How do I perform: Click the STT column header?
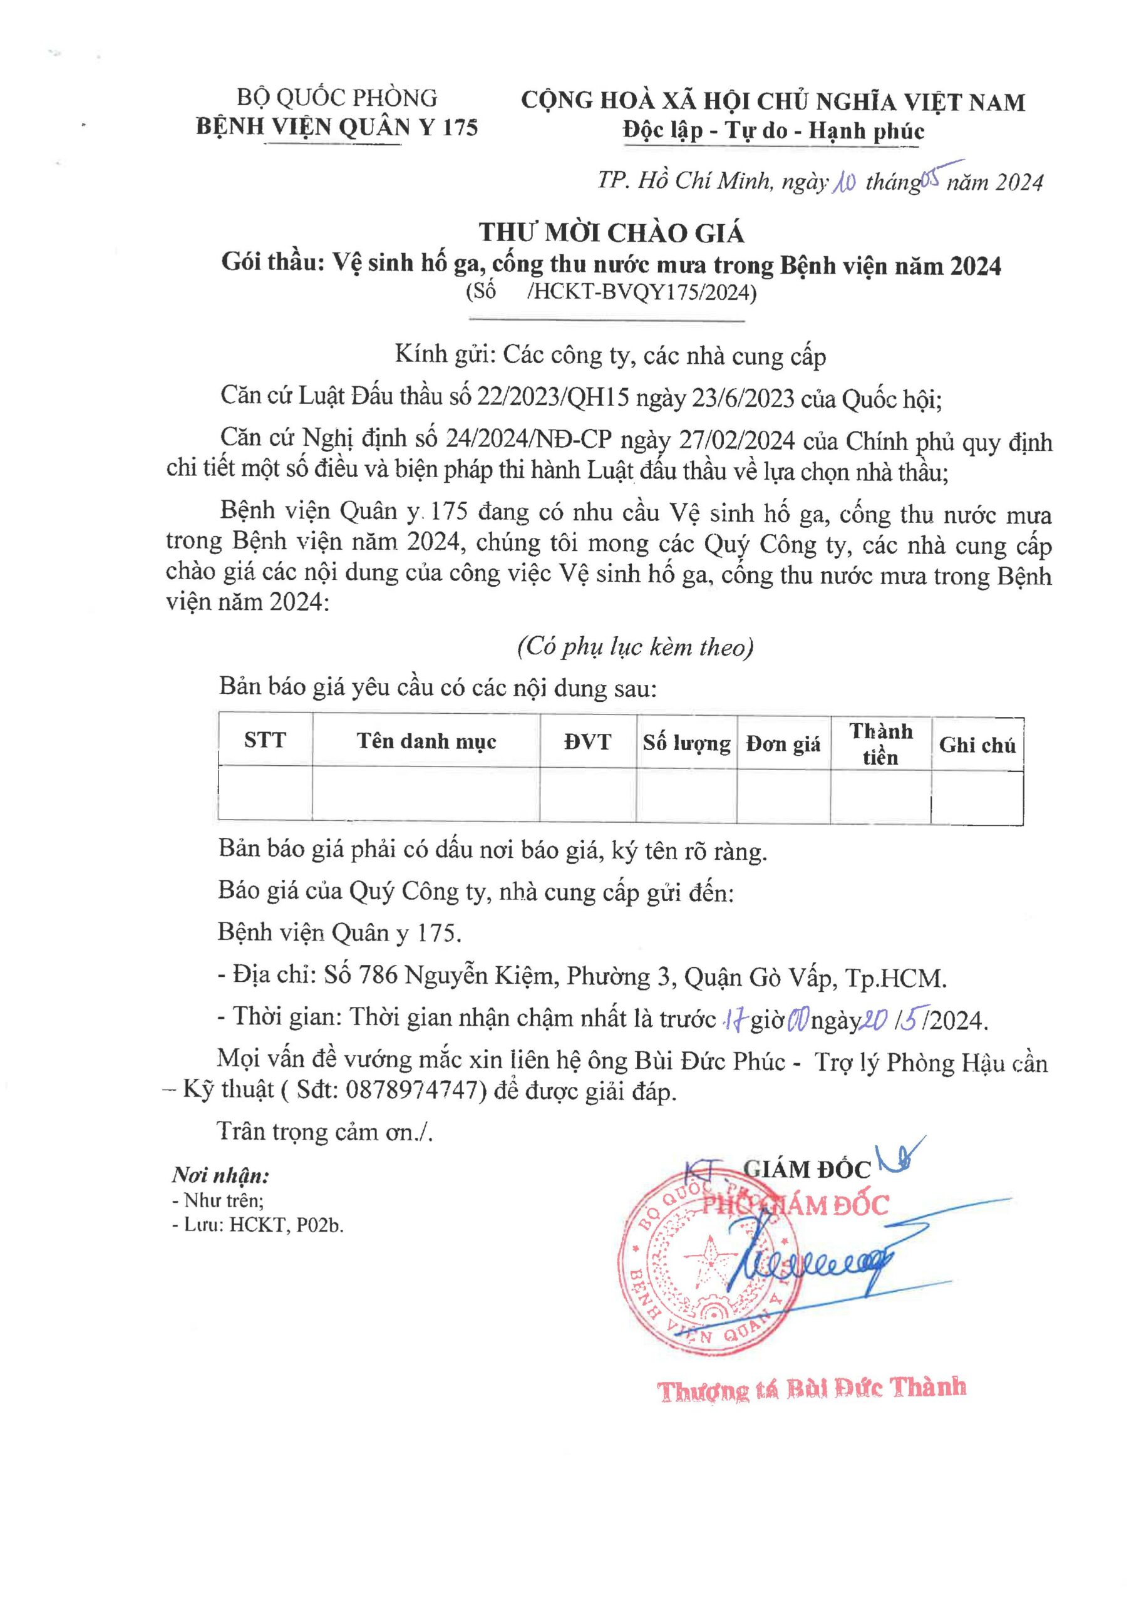pos(265,740)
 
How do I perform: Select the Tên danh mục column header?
pos(426,741)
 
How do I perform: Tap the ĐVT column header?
pos(587,741)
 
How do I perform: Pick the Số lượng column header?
pos(686,743)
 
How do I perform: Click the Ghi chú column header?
pos(977,746)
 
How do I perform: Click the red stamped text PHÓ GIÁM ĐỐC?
pos(795,1205)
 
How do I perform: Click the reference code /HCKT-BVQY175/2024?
pos(642,292)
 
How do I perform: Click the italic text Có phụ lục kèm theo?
pos(636,647)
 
